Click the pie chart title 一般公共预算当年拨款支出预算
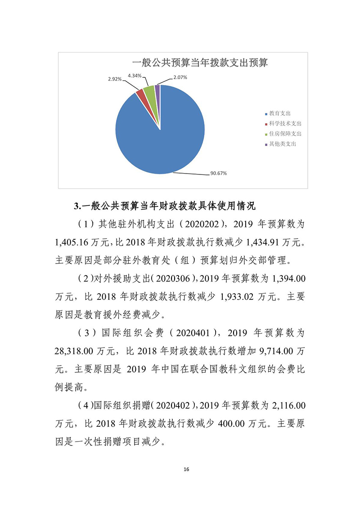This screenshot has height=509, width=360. coord(199,63)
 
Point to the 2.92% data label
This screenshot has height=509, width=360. coord(115,79)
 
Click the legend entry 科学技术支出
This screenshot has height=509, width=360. coord(285,124)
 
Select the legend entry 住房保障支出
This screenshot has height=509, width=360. coord(285,134)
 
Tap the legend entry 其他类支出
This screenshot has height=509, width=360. coord(282,144)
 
